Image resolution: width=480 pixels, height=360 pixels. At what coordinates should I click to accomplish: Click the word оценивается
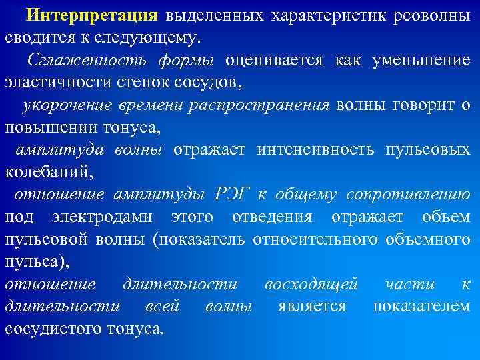(x=275, y=60)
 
